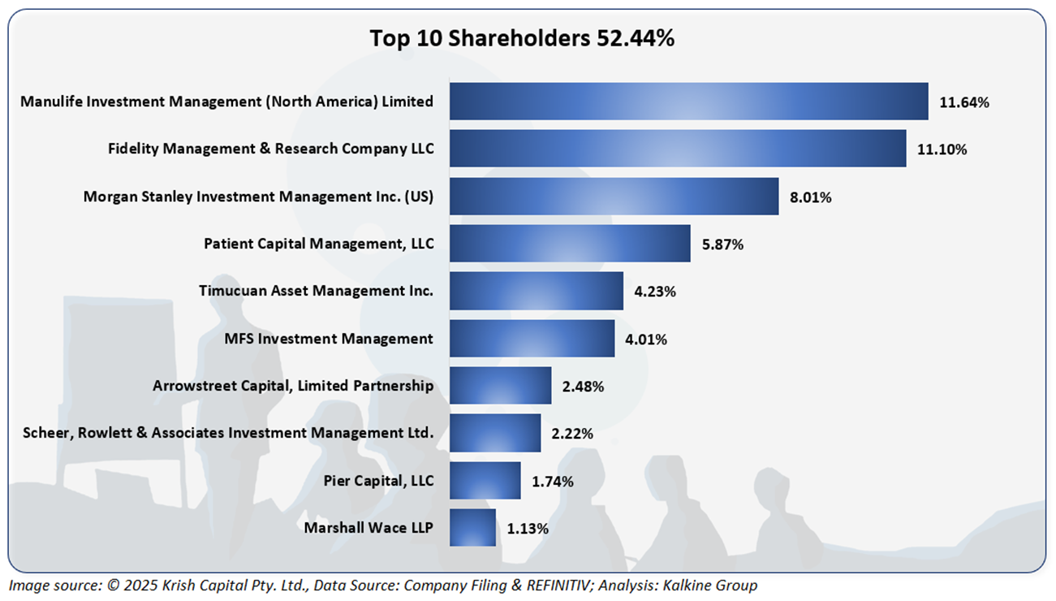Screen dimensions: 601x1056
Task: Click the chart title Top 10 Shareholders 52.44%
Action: click(522, 38)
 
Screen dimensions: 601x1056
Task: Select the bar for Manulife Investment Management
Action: click(688, 102)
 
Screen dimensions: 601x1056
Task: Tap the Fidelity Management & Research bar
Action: click(678, 149)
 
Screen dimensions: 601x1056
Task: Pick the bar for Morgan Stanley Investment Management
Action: click(614, 197)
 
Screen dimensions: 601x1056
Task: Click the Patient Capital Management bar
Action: click(570, 244)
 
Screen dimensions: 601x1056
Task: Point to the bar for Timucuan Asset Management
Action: click(536, 291)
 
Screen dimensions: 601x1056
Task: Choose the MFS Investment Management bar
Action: click(532, 339)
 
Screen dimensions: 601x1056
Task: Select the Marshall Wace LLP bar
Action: click(472, 528)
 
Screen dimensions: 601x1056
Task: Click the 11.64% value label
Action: click(964, 102)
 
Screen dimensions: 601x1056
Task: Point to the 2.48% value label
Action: click(583, 387)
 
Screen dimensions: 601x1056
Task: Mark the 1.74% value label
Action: click(553, 482)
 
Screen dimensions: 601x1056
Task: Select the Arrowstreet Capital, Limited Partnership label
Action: click(293, 386)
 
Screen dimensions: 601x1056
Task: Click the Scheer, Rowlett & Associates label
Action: click(226, 434)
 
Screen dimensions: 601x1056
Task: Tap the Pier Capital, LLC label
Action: click(378, 481)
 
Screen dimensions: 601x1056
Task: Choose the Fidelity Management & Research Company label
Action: click(271, 149)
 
